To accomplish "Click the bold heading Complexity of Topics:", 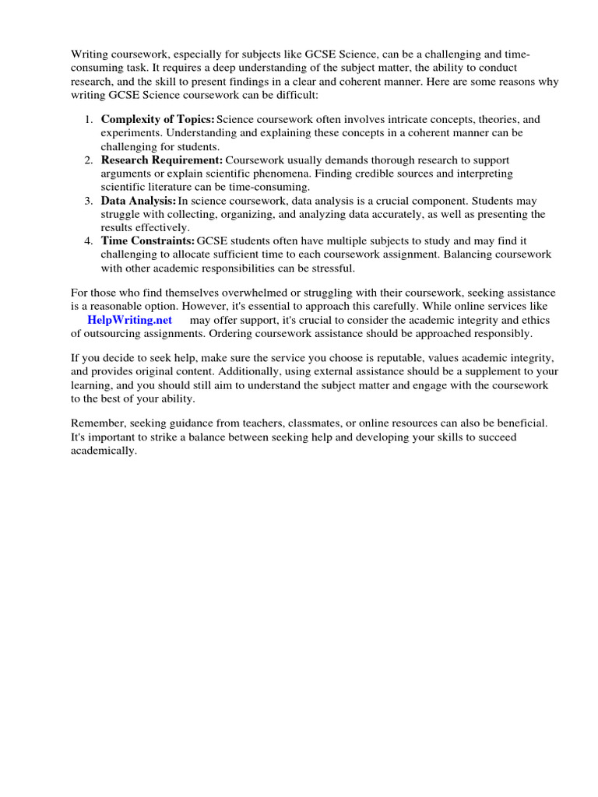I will pyautogui.click(x=157, y=120).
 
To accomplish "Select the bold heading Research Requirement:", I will pyautogui.click(x=161, y=160).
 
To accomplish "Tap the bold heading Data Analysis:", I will pyautogui.click(x=139, y=201).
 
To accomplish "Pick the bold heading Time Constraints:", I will pyautogui.click(x=148, y=241).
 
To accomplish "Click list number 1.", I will pyautogui.click(x=88, y=120).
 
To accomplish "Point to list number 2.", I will pyautogui.click(x=88, y=160).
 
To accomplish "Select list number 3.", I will pyautogui.click(x=88, y=201).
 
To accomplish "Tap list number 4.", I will pyautogui.click(x=88, y=241).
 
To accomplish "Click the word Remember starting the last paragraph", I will pyautogui.click(x=97, y=423).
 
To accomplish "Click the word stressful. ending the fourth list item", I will pyautogui.click(x=333, y=268).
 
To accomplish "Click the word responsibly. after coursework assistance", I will pyautogui.click(x=505, y=334).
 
